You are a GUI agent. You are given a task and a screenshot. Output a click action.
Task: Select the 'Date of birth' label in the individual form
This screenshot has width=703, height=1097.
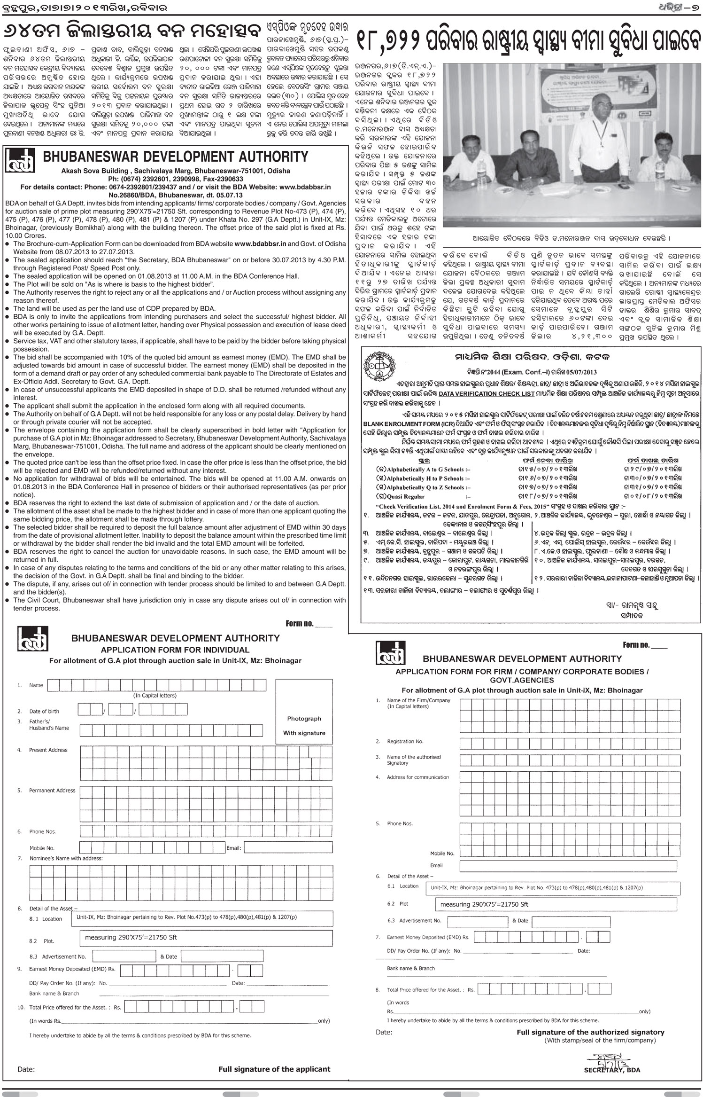click(x=44, y=711)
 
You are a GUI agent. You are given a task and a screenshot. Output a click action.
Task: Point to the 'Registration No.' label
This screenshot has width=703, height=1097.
click(x=405, y=741)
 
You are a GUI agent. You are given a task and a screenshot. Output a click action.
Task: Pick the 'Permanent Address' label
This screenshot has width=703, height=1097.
click(x=52, y=790)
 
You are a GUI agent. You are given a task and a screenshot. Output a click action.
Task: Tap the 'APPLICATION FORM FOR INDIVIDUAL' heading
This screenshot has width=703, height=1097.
click(x=175, y=650)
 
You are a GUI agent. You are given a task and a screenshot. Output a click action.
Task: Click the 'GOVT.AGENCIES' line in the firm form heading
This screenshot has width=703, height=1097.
click(x=522, y=680)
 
